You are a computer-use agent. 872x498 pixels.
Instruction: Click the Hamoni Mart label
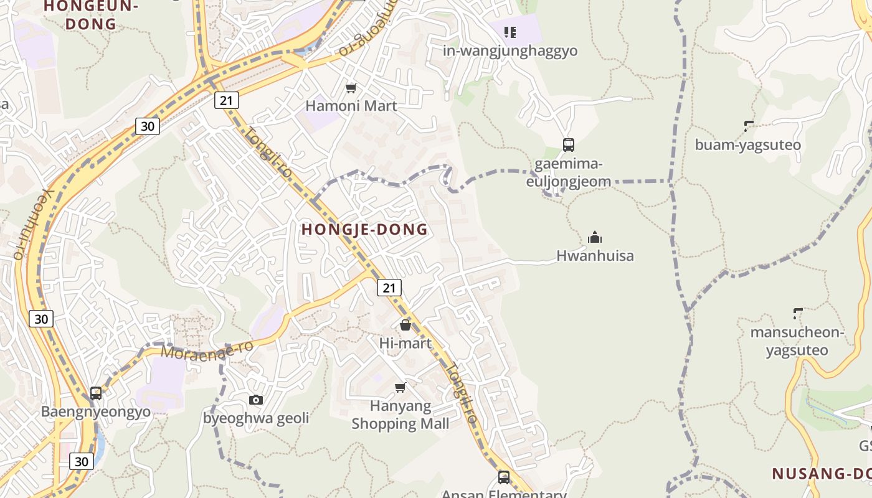[351, 106]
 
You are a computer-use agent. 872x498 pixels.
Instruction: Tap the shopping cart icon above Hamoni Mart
[351, 88]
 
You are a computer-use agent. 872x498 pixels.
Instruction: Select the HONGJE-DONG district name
[365, 230]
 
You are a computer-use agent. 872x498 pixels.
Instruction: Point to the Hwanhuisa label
[595, 255]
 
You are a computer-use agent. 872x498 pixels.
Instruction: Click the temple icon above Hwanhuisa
[595, 237]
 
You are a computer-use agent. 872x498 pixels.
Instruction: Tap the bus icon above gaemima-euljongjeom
[568, 145]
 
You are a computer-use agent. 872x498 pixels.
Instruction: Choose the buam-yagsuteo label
[747, 145]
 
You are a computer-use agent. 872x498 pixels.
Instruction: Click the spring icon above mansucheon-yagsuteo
[798, 313]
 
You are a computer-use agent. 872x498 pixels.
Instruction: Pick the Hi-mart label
[405, 343]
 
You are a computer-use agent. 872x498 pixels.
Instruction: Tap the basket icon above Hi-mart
[405, 325]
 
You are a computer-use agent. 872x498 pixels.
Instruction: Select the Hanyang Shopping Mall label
[400, 415]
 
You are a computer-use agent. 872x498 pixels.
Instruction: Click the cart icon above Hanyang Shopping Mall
[400, 388]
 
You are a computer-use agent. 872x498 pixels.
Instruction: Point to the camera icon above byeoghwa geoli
[256, 400]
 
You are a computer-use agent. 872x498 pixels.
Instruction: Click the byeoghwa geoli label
[256, 418]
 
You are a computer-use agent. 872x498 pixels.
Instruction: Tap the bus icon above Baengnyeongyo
[96, 393]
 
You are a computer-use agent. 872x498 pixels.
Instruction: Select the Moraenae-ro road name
[207, 349]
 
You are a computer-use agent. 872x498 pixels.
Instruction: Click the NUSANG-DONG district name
[822, 474]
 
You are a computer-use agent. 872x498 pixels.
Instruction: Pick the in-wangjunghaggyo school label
[510, 51]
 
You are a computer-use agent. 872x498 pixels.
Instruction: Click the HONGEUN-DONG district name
[90, 15]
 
